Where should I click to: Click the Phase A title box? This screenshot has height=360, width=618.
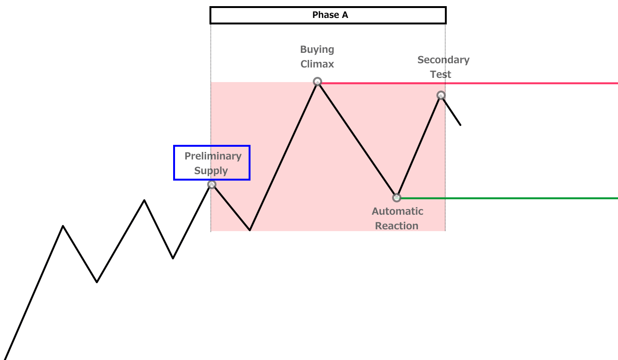tap(328, 15)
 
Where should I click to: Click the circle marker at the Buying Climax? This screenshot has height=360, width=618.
tap(317, 82)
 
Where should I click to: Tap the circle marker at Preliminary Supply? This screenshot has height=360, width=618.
tap(212, 184)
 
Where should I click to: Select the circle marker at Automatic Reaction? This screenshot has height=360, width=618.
tap(397, 198)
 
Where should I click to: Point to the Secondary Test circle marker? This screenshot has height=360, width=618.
tap(441, 95)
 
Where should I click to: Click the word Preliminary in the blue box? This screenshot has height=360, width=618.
tap(213, 156)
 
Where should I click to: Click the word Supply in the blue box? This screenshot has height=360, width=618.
tap(211, 171)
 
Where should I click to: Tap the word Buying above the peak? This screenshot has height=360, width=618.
tap(317, 50)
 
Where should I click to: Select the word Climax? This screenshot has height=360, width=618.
tap(317, 64)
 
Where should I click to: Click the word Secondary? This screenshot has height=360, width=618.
tap(443, 60)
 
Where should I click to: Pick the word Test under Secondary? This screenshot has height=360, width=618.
tap(441, 75)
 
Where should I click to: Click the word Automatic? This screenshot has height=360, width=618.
tap(397, 211)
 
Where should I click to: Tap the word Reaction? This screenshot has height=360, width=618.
tap(397, 226)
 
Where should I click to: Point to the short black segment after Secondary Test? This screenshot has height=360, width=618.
tap(451, 111)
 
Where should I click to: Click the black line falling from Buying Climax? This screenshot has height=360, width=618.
tap(357, 140)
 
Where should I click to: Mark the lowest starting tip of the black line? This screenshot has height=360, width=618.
tap(4, 359)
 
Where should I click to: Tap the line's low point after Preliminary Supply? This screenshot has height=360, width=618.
tap(250, 230)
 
